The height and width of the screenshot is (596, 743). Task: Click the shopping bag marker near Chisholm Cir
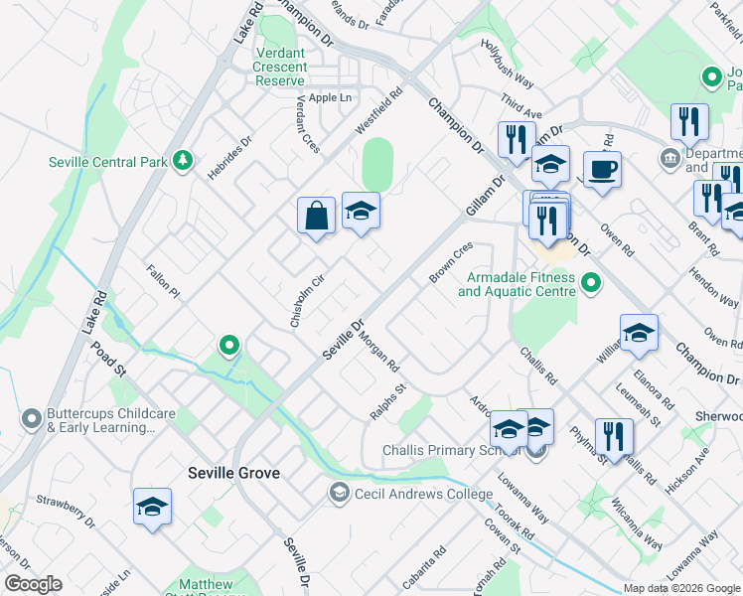(x=316, y=216)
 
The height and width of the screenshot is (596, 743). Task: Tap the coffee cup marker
(x=602, y=170)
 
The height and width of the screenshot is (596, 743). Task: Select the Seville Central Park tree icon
(x=182, y=161)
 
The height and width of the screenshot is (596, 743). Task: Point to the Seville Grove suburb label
(x=233, y=474)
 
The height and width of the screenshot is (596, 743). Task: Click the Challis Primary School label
(x=453, y=450)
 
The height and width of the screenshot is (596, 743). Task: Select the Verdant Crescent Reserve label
(x=279, y=66)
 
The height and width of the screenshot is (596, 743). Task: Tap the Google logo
(x=33, y=584)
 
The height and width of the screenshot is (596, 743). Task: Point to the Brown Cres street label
(x=451, y=263)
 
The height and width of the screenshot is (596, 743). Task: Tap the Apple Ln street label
(x=330, y=97)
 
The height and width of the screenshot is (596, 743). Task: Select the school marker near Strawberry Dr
(x=153, y=507)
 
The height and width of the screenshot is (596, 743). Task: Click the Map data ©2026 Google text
(x=681, y=588)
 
